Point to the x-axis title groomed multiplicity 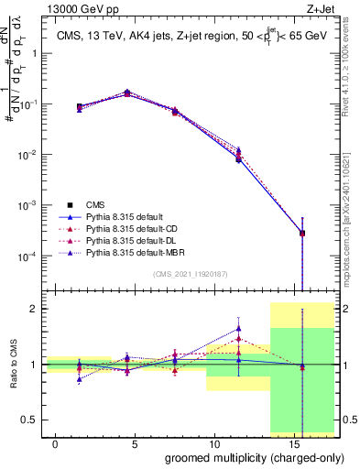point(242,456)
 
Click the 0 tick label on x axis point(56,443)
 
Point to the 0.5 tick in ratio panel point(29,420)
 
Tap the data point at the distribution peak point(127,93)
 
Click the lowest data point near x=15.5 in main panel point(302,233)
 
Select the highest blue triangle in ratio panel point(239,328)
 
